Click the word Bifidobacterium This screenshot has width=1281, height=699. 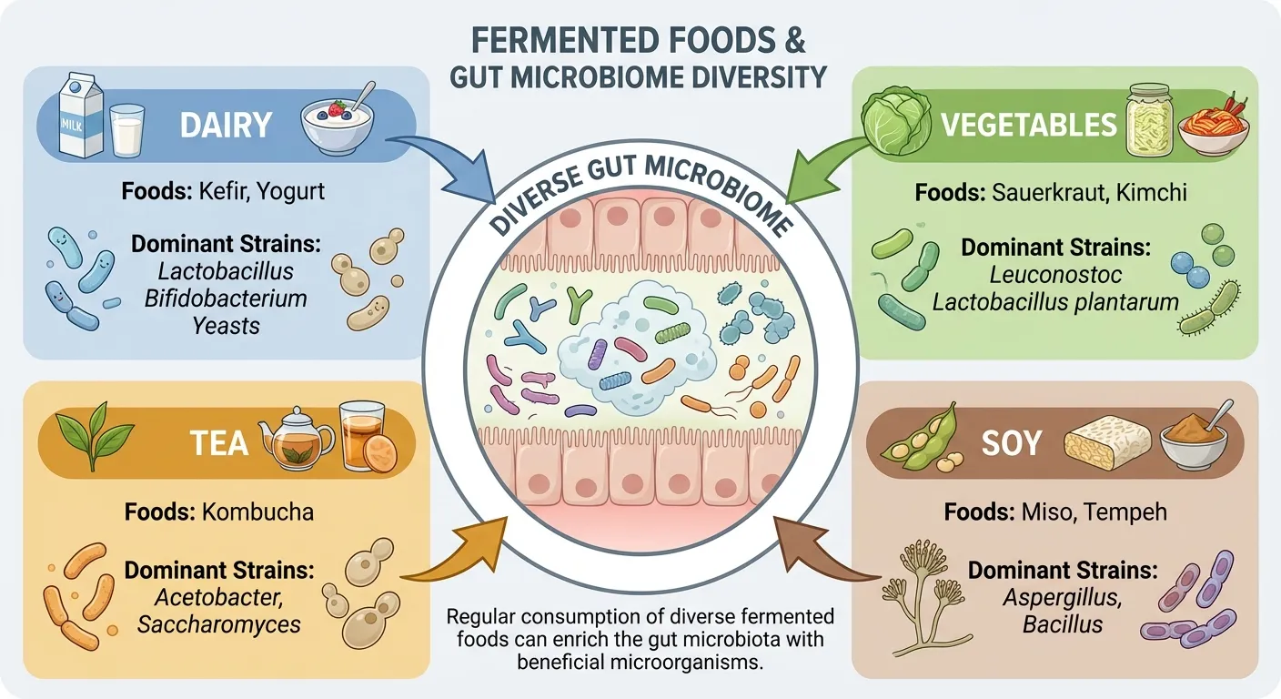[x=226, y=298]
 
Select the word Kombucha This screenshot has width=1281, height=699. [x=256, y=512]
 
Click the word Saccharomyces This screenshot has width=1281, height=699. [x=219, y=624]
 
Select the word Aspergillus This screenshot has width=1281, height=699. [x=1062, y=598]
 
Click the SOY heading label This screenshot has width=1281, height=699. [x=1011, y=443]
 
